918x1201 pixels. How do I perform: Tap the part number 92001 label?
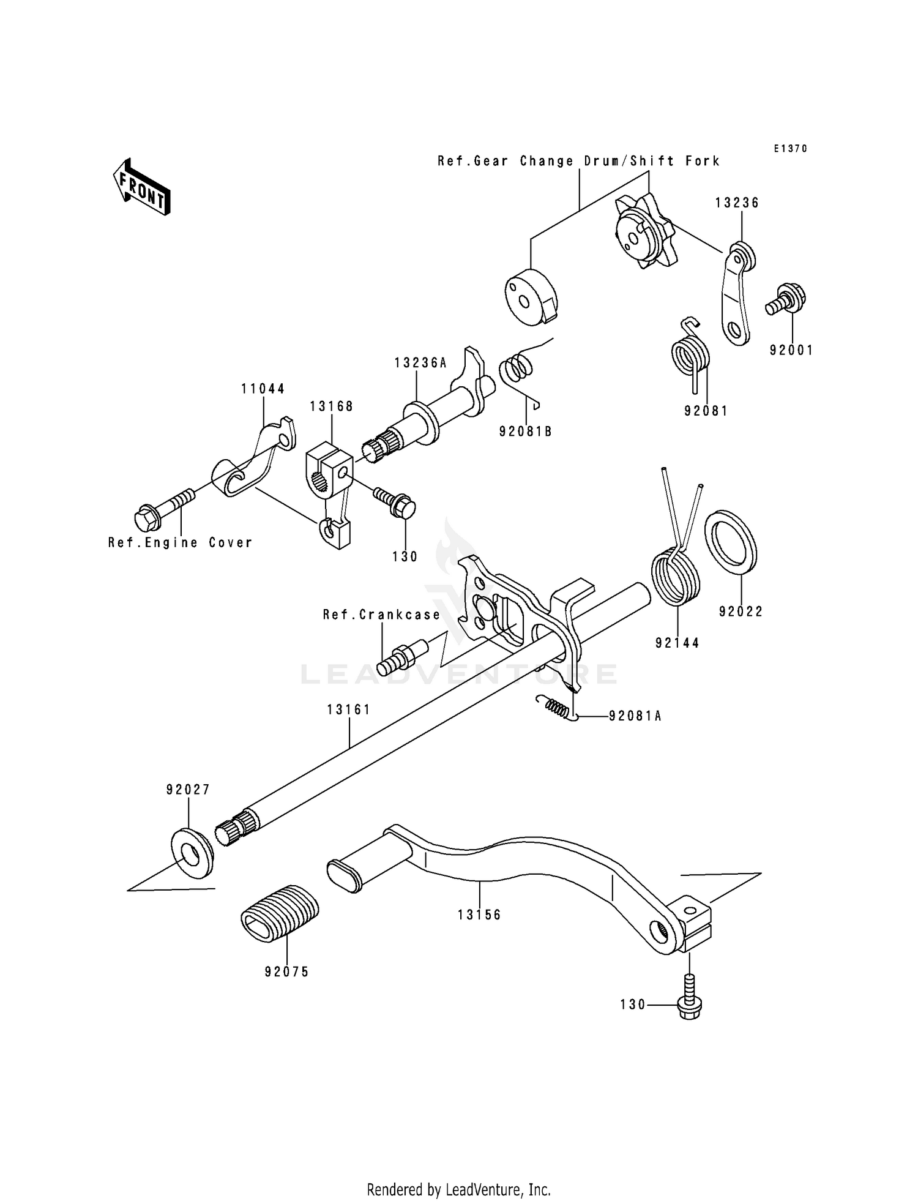[x=791, y=350]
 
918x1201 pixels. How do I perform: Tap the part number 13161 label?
[x=349, y=709]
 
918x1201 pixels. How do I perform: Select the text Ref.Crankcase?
[x=382, y=615]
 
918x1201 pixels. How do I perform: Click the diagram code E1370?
[x=790, y=149]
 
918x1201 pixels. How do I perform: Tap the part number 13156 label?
[x=479, y=915]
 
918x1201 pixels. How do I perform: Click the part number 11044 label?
[x=263, y=389]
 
